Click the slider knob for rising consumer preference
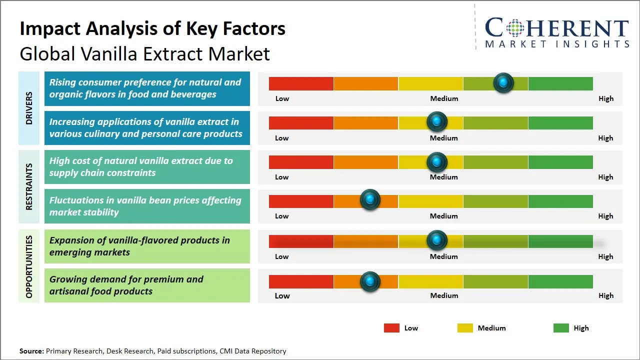pos(503,83)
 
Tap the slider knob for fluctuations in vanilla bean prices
pos(370,200)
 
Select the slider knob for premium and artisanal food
pos(370,281)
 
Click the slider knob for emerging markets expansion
pos(437,240)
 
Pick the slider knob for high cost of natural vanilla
pos(437,161)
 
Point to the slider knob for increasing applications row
pos(437,122)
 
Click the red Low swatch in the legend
pos(391,328)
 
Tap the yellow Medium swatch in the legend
pos(465,328)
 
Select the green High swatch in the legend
pos(561,328)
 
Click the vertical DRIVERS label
pos(29,108)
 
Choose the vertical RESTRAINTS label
pos(29,186)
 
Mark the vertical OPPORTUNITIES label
pos(29,266)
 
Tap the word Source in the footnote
pos(31,351)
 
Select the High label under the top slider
pos(606,98)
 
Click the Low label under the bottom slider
pos(282,295)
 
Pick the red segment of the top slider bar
pos(301,83)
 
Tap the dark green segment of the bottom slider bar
pos(560,281)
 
